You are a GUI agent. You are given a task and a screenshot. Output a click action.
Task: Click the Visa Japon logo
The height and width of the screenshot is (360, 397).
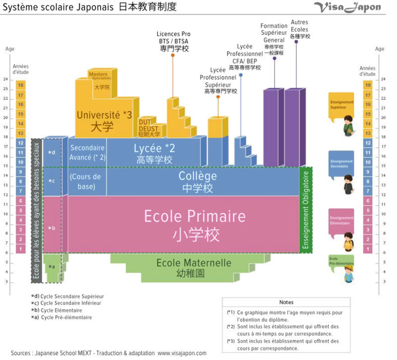click(347, 7)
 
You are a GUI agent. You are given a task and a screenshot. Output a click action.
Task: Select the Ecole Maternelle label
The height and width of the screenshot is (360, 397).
click(194, 267)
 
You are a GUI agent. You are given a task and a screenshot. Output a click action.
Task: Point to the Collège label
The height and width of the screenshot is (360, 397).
click(198, 181)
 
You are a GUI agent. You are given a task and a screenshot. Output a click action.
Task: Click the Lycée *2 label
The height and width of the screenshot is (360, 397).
click(154, 153)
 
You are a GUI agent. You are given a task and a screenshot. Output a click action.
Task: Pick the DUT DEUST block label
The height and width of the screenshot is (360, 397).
click(148, 128)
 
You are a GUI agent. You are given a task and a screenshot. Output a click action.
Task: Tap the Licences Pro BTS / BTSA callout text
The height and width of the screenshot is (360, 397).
click(174, 41)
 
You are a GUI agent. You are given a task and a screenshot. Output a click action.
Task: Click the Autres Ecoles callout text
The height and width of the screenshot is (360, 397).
click(299, 29)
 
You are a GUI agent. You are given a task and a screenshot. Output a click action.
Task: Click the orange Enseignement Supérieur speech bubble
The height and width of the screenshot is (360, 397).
click(341, 106)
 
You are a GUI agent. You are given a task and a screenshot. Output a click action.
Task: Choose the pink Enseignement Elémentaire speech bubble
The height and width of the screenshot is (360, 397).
click(341, 220)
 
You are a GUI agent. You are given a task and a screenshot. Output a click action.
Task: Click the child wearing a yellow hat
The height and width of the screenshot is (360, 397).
click(349, 274)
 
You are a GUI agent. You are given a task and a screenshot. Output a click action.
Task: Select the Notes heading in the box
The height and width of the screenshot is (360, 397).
click(286, 302)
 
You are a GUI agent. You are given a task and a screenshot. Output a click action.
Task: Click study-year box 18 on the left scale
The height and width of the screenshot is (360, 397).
click(21, 85)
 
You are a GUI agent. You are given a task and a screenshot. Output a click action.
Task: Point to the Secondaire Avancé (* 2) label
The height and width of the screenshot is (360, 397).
click(87, 152)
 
